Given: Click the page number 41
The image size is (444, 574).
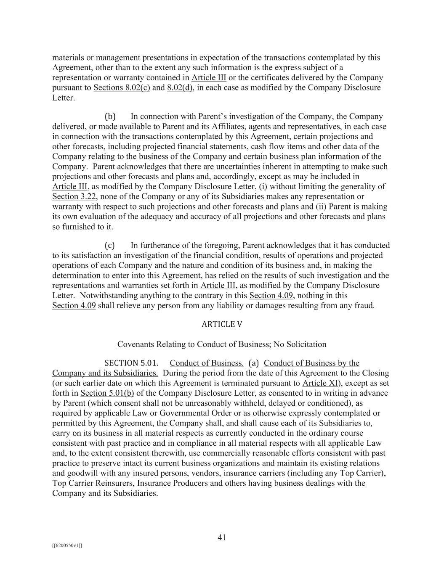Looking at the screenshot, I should click(222, 537).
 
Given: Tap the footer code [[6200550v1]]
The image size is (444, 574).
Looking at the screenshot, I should click(67, 546).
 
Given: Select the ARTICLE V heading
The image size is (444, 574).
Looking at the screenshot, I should click(222, 324).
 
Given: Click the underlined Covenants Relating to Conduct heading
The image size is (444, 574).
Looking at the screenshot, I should click(222, 344).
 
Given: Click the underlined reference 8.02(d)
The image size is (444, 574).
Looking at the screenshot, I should click(180, 88).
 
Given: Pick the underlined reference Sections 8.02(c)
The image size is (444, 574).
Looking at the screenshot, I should click(122, 88).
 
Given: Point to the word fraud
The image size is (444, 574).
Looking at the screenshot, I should click(364, 305).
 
